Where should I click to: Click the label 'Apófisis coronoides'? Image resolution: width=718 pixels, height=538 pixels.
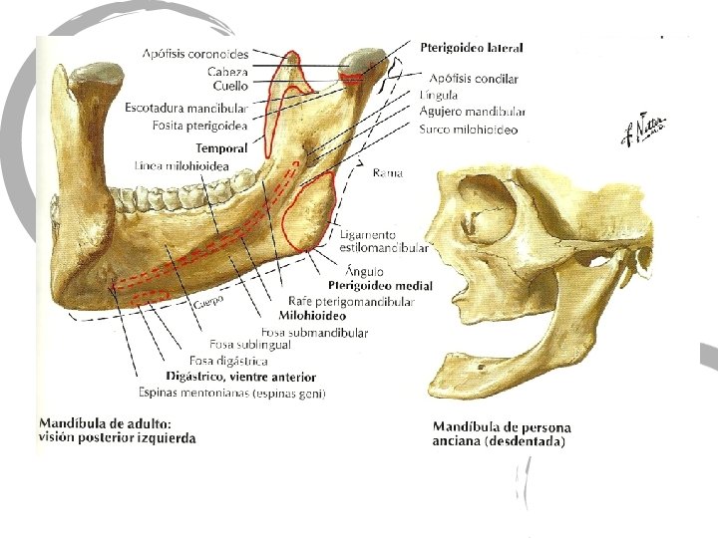point(195,54)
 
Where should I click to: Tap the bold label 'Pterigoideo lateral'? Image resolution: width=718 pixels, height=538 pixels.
point(472,47)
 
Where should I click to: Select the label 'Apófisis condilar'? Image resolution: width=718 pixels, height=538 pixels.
point(475,78)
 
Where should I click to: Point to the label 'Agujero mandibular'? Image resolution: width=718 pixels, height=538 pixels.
point(473,111)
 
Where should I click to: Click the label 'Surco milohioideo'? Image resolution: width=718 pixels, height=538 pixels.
point(469,130)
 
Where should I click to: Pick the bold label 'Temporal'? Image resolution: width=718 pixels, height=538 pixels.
point(228,148)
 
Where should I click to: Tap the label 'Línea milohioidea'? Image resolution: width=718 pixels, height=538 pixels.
point(181,164)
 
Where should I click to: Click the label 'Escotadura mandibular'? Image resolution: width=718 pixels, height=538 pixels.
point(186,107)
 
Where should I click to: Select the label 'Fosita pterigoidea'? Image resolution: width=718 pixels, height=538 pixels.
point(199,126)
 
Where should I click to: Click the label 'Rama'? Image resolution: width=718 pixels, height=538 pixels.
point(387,172)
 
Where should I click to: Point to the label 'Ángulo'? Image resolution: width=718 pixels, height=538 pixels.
point(361,270)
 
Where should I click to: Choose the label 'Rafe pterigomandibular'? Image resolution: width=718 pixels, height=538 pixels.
point(350,301)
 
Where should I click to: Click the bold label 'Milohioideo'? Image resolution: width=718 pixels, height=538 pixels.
point(311,316)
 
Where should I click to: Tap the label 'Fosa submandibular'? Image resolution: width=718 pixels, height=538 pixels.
point(314,332)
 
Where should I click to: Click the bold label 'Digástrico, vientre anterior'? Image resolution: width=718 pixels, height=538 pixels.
point(241,378)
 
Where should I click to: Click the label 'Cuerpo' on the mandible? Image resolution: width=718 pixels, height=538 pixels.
point(207,299)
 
